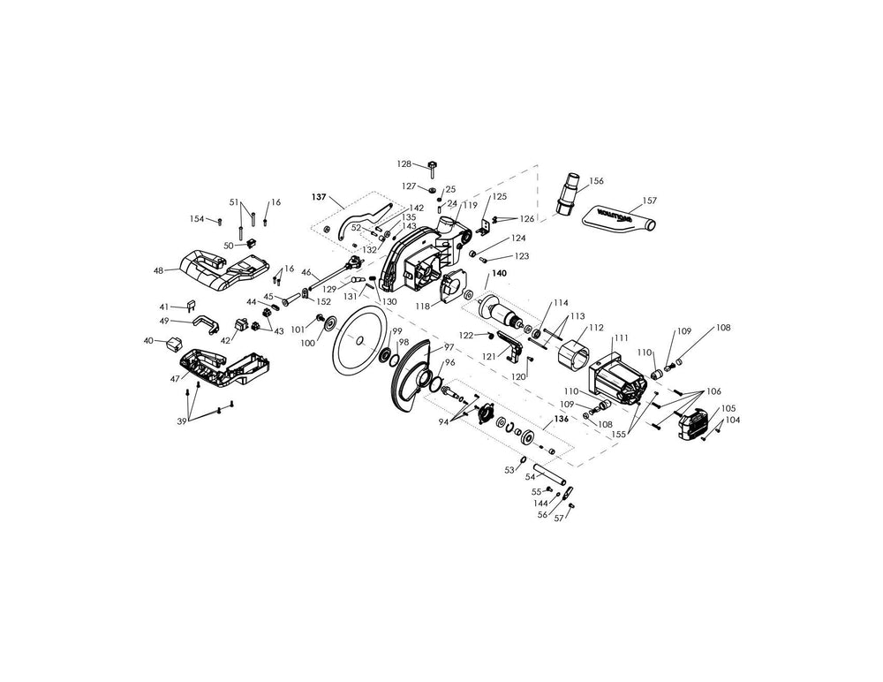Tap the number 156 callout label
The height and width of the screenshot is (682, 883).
click(597, 180)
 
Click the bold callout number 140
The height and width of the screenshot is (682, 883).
click(499, 274)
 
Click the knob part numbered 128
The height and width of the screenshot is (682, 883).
click(433, 165)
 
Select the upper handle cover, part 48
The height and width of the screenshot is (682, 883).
click(223, 266)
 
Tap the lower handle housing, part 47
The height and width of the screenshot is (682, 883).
click(225, 367)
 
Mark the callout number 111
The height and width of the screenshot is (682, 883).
click(621, 338)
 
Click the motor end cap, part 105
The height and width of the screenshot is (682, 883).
click(693, 424)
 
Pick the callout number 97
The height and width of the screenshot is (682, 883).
click(449, 346)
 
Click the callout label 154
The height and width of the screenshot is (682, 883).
click(197, 219)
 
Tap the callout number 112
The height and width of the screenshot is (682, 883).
click(597, 327)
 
